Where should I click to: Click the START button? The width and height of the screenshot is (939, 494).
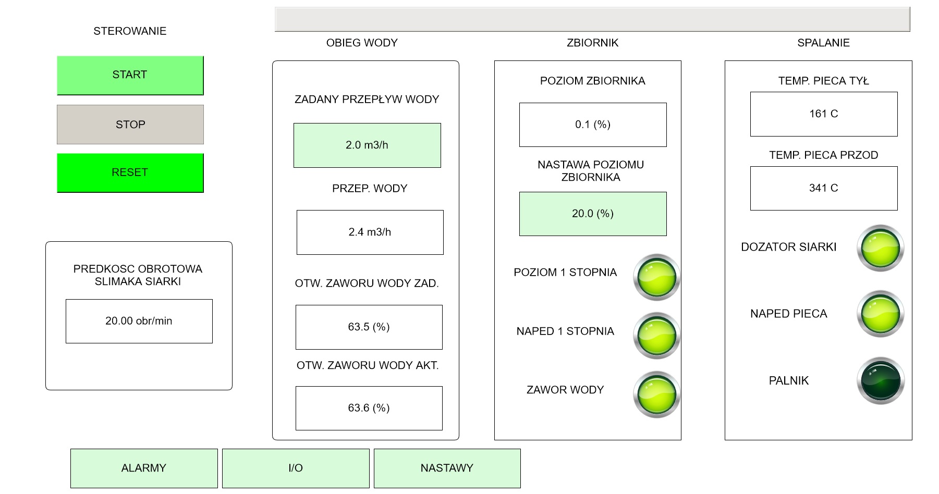point(130,75)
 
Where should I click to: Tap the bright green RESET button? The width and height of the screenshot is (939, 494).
point(130,172)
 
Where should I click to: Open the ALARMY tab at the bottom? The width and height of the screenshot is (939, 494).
point(144,468)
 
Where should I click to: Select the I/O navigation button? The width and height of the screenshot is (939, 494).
point(296,468)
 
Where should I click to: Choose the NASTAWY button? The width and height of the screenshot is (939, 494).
point(447,468)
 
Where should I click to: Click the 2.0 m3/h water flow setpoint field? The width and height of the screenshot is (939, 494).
point(367,145)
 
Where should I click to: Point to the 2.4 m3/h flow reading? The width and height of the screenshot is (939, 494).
point(370,232)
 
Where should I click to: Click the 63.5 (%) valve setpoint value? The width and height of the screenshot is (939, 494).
point(369,327)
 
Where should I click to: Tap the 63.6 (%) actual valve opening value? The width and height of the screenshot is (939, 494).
point(369,408)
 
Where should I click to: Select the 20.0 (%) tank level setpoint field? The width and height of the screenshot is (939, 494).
point(593,214)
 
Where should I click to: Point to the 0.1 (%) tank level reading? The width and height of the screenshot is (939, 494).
point(593,125)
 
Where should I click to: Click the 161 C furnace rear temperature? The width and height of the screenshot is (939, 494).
point(824,114)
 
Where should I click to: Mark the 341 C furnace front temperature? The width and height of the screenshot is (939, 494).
point(824,188)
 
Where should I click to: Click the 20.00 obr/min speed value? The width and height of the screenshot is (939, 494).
point(139,321)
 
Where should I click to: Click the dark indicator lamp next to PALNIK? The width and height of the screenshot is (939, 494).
point(881,381)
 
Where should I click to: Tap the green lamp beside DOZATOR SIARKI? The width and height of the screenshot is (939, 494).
point(881,248)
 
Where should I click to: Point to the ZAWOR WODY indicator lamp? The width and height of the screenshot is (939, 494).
point(657,394)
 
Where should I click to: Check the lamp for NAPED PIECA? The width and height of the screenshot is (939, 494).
point(881,314)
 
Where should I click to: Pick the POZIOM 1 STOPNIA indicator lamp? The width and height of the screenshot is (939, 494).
point(657,277)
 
